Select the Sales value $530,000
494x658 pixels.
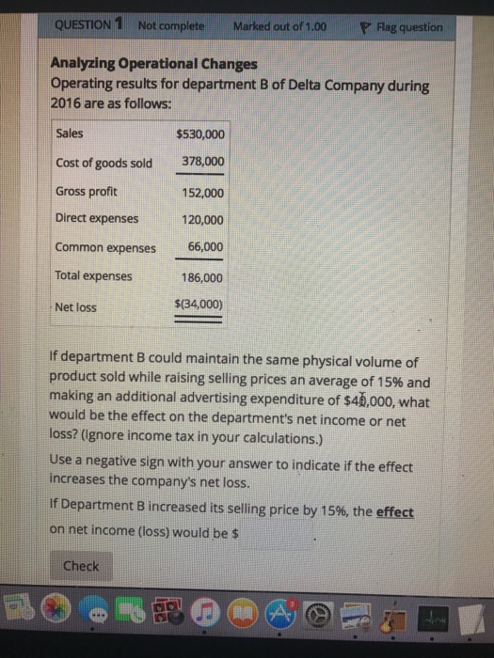(x=199, y=134)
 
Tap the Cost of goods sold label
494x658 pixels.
(x=104, y=163)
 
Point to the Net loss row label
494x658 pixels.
(x=74, y=306)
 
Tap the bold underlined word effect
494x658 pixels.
(x=394, y=513)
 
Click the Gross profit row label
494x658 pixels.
(x=87, y=191)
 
